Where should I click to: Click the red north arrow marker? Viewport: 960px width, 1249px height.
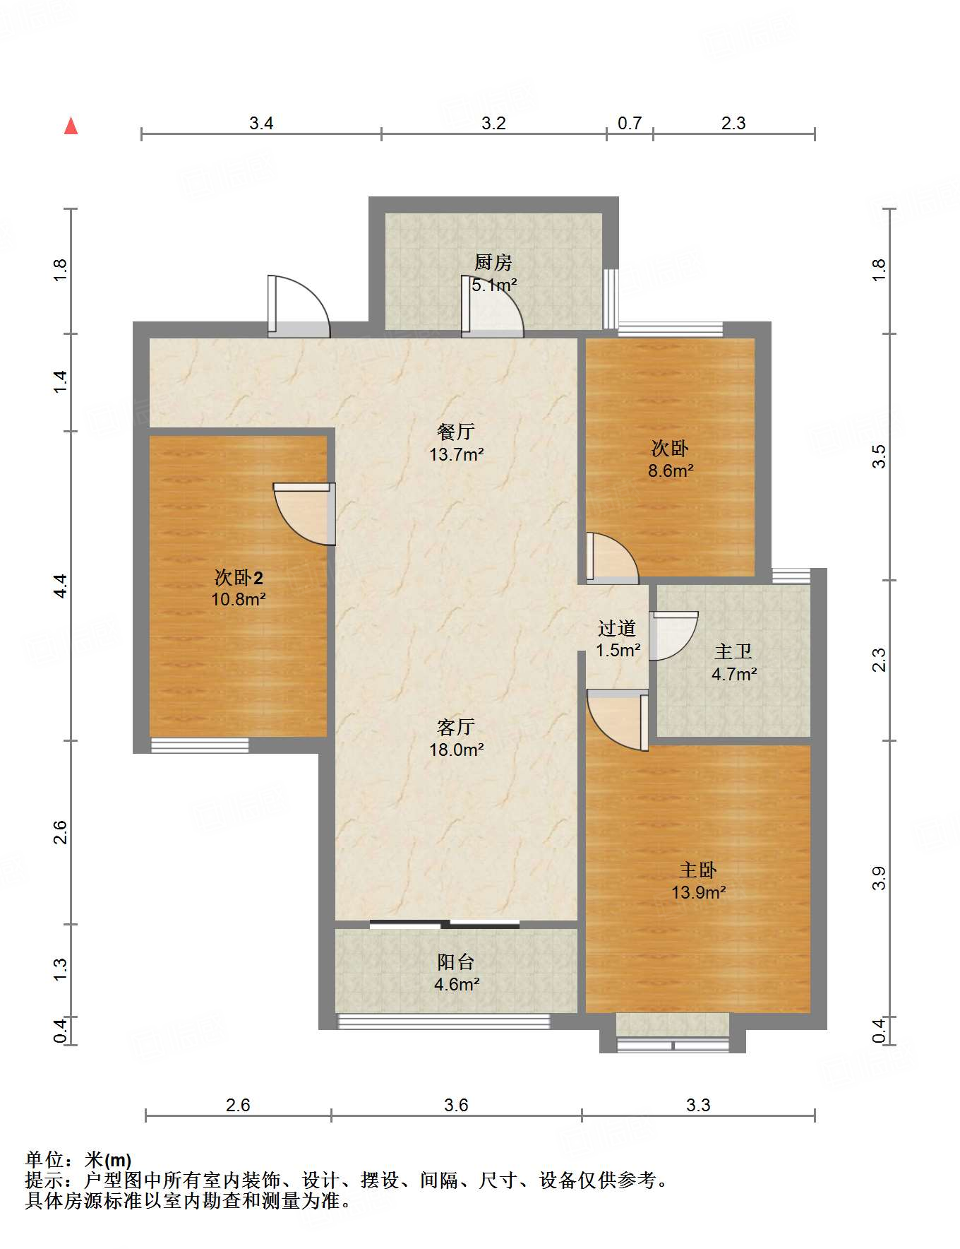click(x=71, y=126)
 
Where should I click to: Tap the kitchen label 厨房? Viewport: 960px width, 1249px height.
click(x=493, y=263)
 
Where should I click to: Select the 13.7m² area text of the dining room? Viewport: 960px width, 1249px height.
click(x=457, y=454)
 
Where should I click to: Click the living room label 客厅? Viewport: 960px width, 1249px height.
click(x=456, y=727)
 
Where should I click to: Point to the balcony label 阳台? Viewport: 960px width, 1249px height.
click(x=456, y=961)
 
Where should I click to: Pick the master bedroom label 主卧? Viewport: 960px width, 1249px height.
click(x=698, y=870)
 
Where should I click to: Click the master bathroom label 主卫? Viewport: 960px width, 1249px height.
click(x=733, y=651)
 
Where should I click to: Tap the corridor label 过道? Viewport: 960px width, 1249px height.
click(x=617, y=628)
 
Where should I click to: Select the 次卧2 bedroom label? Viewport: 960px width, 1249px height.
click(x=239, y=578)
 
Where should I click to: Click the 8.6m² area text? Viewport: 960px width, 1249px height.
click(x=671, y=470)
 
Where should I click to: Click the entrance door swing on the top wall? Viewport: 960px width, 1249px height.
click(x=299, y=306)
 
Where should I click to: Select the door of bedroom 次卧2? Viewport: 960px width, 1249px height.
click(x=304, y=514)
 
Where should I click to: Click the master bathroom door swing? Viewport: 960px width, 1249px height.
click(x=673, y=636)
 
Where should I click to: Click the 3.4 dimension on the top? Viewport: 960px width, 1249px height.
click(x=261, y=123)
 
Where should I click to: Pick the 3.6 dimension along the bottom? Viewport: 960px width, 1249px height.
click(x=456, y=1104)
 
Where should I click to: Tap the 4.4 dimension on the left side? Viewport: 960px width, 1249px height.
click(x=61, y=586)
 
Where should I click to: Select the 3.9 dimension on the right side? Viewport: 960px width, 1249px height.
click(x=878, y=877)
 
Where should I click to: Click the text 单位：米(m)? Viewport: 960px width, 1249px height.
click(x=78, y=1159)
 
